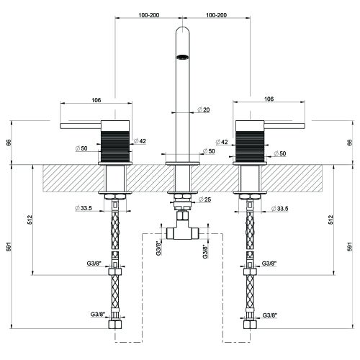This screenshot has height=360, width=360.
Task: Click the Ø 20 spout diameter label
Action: (x=203, y=110)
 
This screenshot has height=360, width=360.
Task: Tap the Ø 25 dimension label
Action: (x=204, y=199)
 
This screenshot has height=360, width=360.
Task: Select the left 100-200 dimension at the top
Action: (x=148, y=15)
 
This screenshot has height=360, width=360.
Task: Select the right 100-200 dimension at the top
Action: (x=216, y=15)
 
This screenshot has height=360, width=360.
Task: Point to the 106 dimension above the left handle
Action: (x=96, y=100)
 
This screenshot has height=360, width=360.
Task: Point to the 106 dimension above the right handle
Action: (x=269, y=99)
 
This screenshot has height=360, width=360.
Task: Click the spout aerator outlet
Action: (x=183, y=57)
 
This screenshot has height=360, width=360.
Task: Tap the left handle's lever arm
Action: (x=81, y=126)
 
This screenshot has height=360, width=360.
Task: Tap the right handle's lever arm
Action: (x=284, y=126)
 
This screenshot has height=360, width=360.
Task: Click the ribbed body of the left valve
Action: (x=115, y=146)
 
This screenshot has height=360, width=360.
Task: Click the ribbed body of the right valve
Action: (x=250, y=146)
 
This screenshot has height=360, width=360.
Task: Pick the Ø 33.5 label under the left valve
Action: (x=84, y=208)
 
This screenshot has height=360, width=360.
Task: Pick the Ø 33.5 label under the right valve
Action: (x=280, y=209)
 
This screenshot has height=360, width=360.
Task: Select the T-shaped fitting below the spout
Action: (x=183, y=229)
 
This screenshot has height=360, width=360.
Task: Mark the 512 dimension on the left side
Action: (x=30, y=220)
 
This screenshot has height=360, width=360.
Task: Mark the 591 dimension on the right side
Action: (x=351, y=246)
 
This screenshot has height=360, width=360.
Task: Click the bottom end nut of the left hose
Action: (x=115, y=325)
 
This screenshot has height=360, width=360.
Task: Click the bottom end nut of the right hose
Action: (x=250, y=325)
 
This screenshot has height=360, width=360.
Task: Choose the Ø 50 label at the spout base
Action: (x=209, y=151)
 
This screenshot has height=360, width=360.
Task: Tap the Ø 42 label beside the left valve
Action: (x=140, y=141)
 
